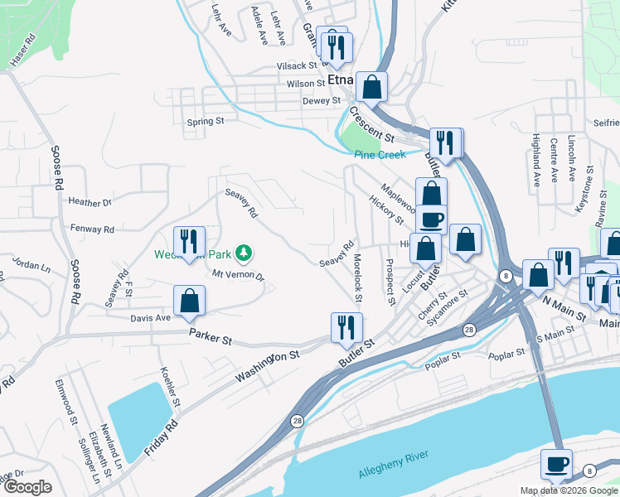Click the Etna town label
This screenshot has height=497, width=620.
point(341,80)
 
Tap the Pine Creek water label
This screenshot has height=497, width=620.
point(379,155)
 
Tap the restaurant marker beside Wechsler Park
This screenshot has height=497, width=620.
point(189,241)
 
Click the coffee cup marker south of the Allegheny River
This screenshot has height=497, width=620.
point(556,462)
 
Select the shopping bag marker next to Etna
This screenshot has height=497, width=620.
point(373,85)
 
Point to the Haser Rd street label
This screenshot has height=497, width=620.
point(24,51)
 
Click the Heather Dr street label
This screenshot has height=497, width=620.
point(90,202)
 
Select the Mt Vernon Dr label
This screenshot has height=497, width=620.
point(238,274)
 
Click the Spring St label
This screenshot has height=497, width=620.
point(206,121)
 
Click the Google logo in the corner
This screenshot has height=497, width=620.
point(27,487)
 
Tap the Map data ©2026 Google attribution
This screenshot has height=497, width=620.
point(568,490)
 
